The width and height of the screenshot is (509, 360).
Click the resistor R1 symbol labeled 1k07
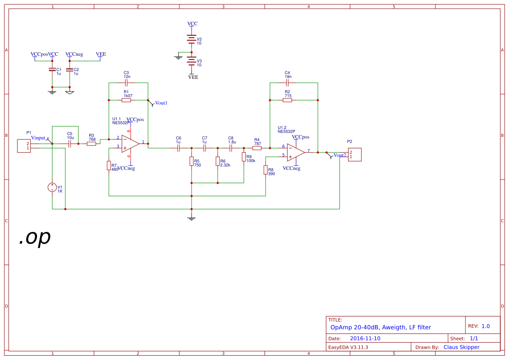[x=126, y=100]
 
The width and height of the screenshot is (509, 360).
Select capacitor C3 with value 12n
[x=126, y=82]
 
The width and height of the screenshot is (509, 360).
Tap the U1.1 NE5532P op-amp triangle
[x=130, y=143]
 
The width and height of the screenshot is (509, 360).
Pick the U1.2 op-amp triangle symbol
[x=295, y=152]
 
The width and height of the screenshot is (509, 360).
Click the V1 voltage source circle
[x=52, y=187]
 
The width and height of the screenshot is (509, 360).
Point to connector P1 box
[x=24, y=146]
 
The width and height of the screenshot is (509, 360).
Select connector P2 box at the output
[x=354, y=155]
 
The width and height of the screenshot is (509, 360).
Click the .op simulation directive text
[x=35, y=237]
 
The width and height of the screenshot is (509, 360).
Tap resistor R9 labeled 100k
[x=244, y=157]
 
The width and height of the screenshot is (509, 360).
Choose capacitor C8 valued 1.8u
[x=231, y=148]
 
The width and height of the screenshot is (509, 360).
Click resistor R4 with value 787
[x=257, y=148]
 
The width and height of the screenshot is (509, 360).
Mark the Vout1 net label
[x=161, y=103]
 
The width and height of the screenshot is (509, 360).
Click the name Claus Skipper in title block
[x=461, y=347]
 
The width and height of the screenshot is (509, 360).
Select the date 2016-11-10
[x=365, y=339]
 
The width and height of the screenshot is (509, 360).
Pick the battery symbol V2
[x=191, y=40]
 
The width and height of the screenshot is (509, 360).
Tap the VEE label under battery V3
[x=193, y=77]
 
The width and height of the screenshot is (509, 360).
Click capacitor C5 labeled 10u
[x=70, y=143]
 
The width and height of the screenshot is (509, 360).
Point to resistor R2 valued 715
[x=287, y=100]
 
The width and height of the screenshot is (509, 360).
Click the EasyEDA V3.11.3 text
[x=348, y=347]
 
